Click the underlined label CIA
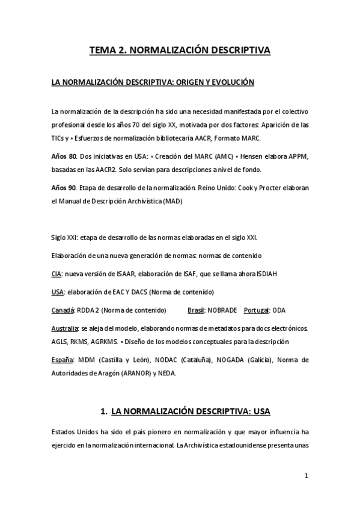pyautogui.click(x=56, y=274)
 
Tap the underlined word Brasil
pyautogui.click(x=196, y=310)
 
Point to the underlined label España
pyautogui.click(x=61, y=360)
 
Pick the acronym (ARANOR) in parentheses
pyautogui.click(x=152, y=372)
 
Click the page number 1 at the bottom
pyautogui.click(x=306, y=475)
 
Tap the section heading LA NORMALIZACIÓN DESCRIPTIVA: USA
pyautogui.click(x=191, y=411)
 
